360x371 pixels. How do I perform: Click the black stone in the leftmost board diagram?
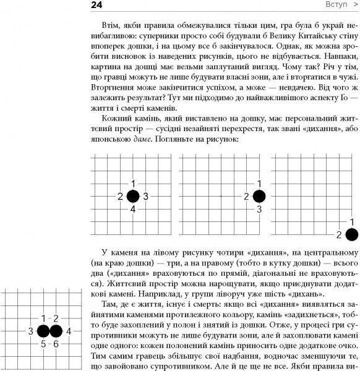coord(133,197)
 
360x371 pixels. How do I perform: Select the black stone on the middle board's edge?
coord(259,197)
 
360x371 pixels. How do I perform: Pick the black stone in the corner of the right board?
coord(352,234)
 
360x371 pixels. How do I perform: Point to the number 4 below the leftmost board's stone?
coord(133,210)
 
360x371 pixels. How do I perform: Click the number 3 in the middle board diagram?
coord(259,210)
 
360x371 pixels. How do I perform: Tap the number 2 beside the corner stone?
coord(339,234)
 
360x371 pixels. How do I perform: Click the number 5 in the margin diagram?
coord(43,361)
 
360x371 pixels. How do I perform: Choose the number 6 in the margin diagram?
coord(56,361)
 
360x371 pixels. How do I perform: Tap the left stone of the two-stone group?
coord(43,349)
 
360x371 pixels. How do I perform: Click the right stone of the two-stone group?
coord(56,349)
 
